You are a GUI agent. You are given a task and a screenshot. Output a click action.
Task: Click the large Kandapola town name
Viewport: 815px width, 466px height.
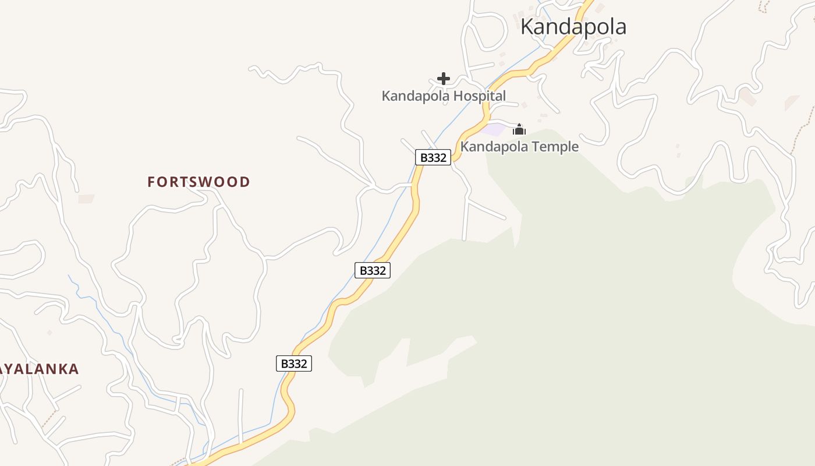[x=573, y=27]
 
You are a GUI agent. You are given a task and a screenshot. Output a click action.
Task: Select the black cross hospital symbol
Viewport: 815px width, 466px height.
[x=444, y=79]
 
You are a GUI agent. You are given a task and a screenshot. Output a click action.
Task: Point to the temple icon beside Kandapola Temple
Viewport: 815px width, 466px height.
[x=519, y=129]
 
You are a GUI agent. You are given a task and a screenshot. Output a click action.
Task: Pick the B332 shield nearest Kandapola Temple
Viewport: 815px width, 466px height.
[x=433, y=157]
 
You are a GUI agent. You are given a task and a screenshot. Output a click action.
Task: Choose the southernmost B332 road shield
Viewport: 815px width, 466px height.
[x=294, y=363]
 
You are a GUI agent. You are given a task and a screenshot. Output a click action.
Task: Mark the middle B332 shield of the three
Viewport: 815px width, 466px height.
[x=373, y=270]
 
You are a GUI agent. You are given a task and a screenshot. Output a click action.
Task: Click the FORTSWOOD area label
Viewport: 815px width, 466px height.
[x=199, y=182]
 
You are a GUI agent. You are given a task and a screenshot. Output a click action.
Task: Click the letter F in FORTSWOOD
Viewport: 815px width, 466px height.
[x=151, y=182]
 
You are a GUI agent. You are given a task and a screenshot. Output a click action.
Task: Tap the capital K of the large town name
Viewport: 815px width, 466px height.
[x=528, y=27]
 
